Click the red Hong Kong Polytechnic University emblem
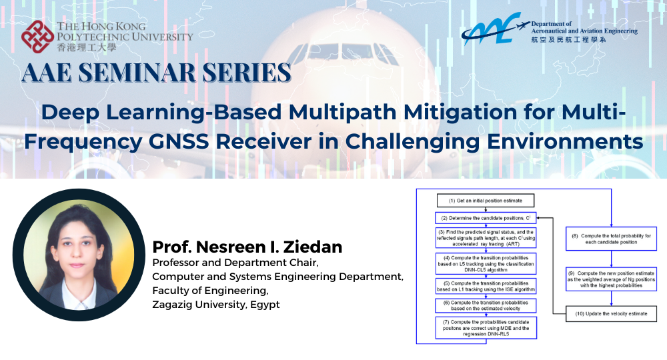click(x=37, y=37)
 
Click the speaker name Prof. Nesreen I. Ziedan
click(x=247, y=247)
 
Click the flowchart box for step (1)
click(x=486, y=200)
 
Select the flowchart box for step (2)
click(x=486, y=217)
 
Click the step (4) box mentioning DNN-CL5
click(x=486, y=263)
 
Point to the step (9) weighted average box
click(x=611, y=279)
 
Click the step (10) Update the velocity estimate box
click(x=611, y=313)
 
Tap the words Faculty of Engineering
click(x=199, y=291)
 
